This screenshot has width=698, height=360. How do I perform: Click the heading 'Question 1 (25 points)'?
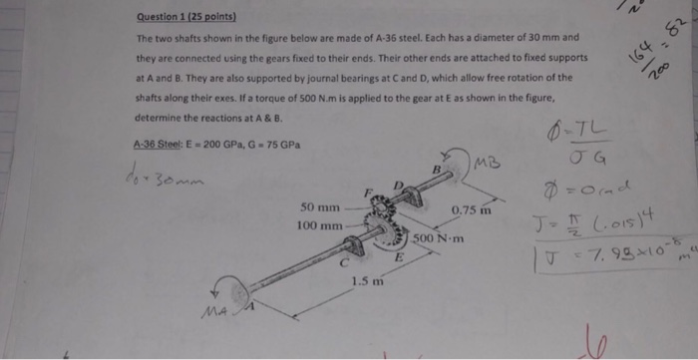[186, 17]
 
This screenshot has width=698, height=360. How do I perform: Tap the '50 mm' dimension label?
[320, 208]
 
